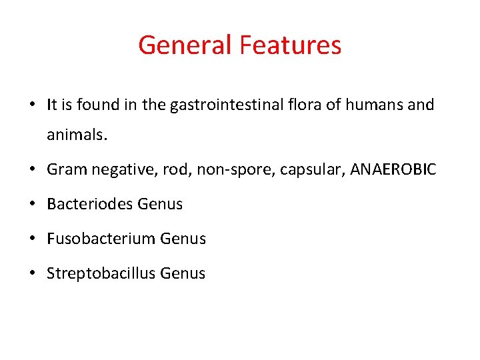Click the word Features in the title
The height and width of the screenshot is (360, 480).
(x=290, y=45)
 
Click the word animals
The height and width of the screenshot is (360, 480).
(x=76, y=135)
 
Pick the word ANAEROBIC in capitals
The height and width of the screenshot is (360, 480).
(x=393, y=170)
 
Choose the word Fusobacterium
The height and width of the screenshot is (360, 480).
(x=92, y=239)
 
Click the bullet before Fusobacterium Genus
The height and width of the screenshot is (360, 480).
(x=32, y=239)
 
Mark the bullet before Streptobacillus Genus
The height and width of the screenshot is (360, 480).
(x=32, y=273)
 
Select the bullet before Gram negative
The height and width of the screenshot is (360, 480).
(x=32, y=170)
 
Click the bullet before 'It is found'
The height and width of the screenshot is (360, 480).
(x=32, y=105)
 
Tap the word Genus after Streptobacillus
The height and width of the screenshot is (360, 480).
(x=183, y=273)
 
